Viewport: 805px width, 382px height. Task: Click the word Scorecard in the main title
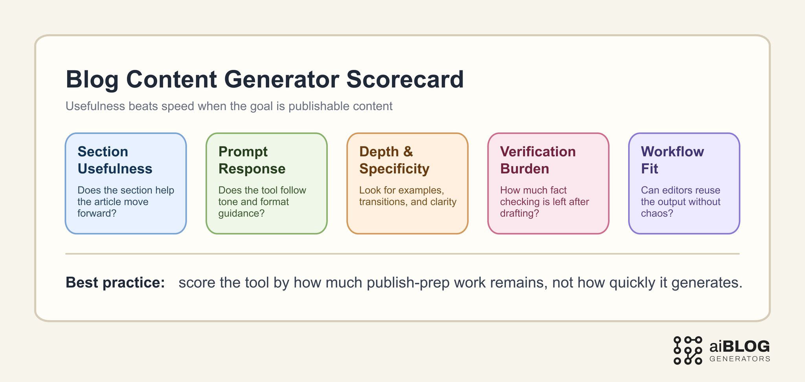[405, 79]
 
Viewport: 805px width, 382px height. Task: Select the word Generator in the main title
[281, 79]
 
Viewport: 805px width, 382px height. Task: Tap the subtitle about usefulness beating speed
[229, 106]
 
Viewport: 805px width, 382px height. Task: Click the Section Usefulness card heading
[114, 160]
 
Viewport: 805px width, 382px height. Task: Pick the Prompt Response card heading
[252, 160]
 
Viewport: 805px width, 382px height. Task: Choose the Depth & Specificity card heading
[394, 160]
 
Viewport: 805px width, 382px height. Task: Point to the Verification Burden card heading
[538, 160]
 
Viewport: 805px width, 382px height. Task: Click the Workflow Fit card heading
[672, 160]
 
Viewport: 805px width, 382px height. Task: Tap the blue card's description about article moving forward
[125, 202]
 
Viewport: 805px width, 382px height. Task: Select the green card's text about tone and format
[262, 202]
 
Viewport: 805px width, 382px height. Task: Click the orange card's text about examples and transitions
[408, 196]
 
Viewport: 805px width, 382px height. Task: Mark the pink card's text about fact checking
[544, 202]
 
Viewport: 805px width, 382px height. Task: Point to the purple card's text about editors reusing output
[680, 202]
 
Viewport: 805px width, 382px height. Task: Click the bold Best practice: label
[115, 283]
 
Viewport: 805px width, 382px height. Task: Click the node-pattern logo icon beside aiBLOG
[687, 350]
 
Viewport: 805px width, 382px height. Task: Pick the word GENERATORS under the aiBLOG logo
[739, 359]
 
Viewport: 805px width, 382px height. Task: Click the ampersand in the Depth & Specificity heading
[408, 152]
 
